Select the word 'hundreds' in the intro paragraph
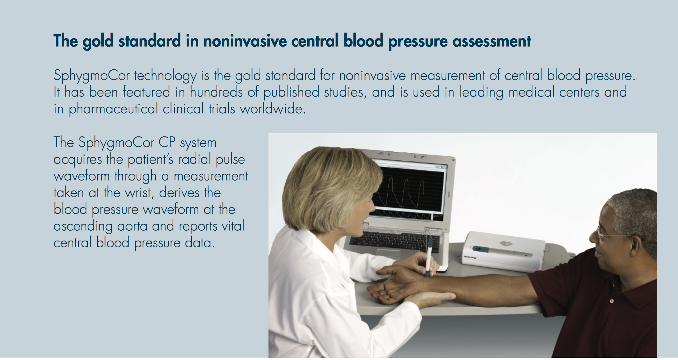216,92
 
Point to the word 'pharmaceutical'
113,109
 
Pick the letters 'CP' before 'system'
167,142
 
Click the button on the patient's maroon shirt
611,301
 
